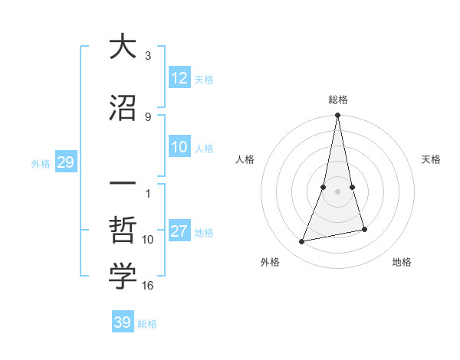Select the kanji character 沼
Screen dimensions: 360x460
pos(123,108)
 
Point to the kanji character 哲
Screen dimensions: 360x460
pos(123,231)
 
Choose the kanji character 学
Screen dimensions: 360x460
pos(123,277)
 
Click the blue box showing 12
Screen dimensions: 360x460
pos(179,78)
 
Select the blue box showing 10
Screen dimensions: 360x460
pos(179,148)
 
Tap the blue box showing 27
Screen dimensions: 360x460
pos(179,232)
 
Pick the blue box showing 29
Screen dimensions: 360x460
pos(65,162)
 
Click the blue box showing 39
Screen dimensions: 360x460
pos(122,322)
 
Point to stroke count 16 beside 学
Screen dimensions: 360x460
pos(148,286)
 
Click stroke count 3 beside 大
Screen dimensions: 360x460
pos(148,56)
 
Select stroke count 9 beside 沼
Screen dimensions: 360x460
pos(148,116)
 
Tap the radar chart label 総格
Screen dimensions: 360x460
pos(337,100)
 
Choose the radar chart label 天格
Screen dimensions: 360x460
pos(431,159)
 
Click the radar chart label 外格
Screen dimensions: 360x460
pos(270,262)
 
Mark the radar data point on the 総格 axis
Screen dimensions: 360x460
pos(337,116)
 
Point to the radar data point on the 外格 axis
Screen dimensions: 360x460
pos(302,242)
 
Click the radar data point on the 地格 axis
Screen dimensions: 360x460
pos(364,229)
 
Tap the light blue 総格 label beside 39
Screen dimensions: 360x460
pos(147,324)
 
